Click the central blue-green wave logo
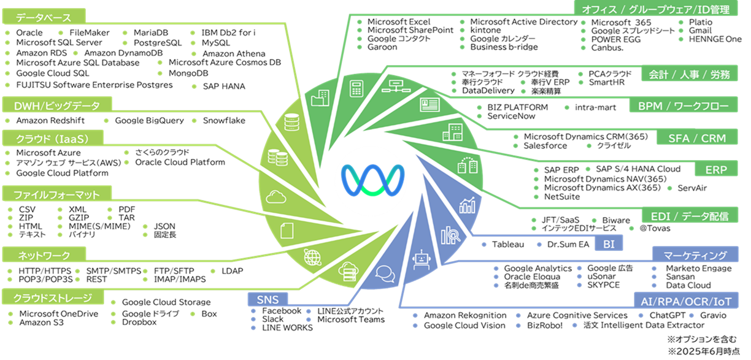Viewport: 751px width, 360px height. pos(375,179)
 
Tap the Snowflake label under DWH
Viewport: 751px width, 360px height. pos(224,121)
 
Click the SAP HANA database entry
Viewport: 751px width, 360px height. pos(224,86)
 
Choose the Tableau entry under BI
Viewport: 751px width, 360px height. pos(508,244)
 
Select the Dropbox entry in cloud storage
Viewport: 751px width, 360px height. pos(139,322)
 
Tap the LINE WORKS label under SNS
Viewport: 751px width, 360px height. pos(287,327)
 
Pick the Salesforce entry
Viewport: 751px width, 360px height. pos(545,146)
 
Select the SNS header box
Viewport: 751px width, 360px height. pos(268,299)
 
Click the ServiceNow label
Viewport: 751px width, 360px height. pos(512,116)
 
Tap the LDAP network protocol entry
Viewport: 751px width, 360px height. pos(232,270)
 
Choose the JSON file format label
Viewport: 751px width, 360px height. pos(164,226)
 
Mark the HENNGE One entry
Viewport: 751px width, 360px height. pos(715,39)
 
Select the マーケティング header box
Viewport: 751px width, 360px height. pos(696,255)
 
